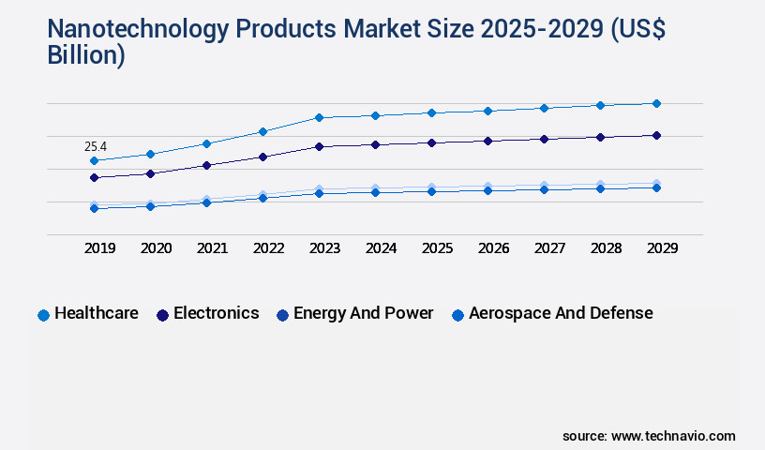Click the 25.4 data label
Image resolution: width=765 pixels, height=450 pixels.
click(96, 146)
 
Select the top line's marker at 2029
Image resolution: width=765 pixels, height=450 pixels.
click(656, 103)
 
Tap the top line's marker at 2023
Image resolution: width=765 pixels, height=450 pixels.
click(319, 117)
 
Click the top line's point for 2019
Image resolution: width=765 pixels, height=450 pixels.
click(94, 160)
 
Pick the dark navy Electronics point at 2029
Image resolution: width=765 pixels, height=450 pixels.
click(656, 135)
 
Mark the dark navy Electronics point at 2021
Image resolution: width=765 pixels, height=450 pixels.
click(206, 165)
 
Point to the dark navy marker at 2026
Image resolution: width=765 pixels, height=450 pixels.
click(487, 141)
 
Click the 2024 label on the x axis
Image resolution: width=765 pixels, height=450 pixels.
click(381, 248)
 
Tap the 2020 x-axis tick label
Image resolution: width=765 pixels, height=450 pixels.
click(156, 248)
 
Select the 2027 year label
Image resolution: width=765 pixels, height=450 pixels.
click(549, 248)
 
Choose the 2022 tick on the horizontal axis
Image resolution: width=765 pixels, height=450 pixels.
click(268, 248)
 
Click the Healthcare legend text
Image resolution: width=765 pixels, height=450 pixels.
click(97, 313)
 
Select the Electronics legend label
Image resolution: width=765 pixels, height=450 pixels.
click(216, 313)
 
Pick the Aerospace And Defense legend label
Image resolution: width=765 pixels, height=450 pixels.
click(561, 313)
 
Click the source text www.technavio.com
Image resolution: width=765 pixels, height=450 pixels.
click(673, 436)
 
